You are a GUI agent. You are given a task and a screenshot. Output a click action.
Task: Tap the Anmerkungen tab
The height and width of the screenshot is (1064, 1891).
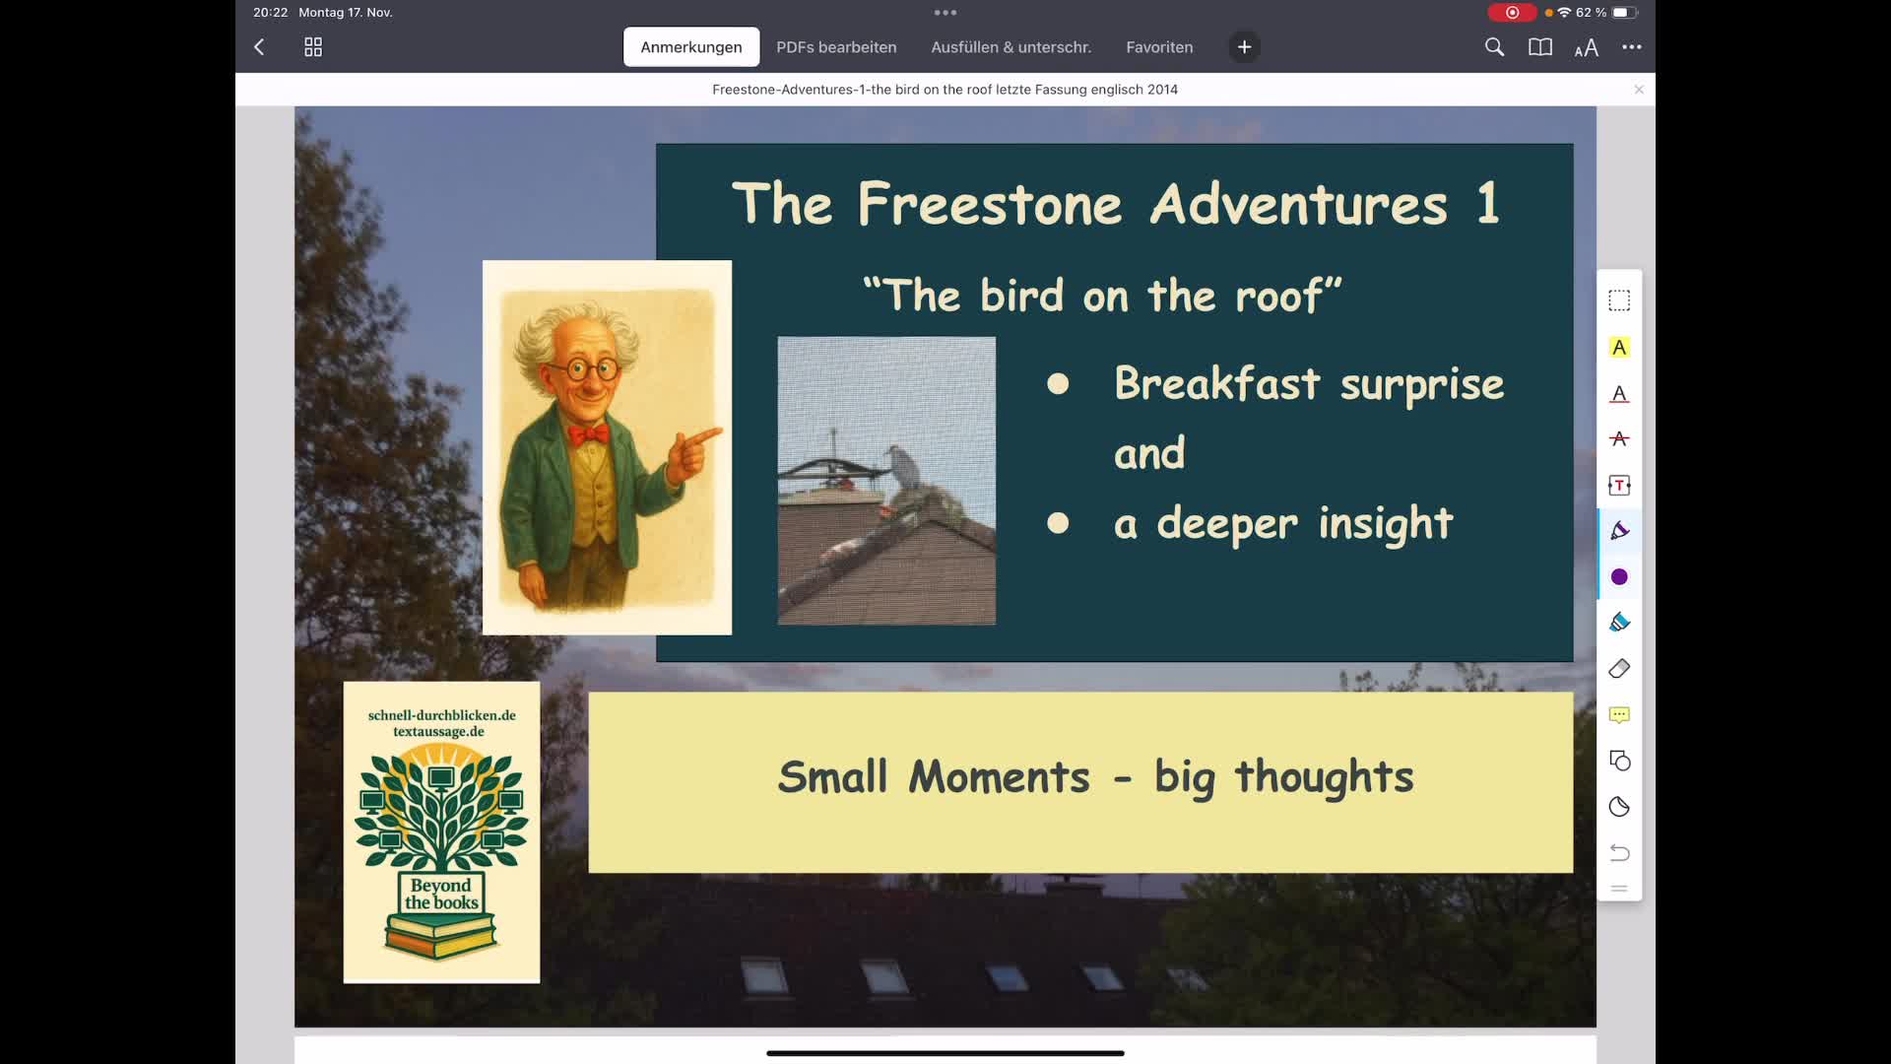(690, 47)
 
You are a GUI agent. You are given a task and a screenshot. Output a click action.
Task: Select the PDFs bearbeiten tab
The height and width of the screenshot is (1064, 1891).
(836, 47)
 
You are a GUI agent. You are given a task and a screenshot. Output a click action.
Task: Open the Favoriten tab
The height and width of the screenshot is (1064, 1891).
(1159, 47)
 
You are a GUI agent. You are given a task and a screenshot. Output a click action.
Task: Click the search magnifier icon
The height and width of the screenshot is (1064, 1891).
(1494, 47)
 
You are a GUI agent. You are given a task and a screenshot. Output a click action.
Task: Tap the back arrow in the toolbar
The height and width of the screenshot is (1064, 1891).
(259, 47)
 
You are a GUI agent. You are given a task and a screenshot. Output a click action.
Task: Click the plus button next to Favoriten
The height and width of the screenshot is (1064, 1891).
(1244, 47)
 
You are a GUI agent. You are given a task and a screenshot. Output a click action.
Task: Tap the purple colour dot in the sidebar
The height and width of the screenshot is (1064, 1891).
(1619, 577)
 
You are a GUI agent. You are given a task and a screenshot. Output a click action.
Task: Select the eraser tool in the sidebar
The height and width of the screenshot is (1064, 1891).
(1619, 669)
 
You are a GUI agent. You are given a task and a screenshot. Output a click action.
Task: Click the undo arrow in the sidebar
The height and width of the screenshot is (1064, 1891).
(1619, 853)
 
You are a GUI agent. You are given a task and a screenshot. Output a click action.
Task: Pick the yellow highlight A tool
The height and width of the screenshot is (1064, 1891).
(1619, 348)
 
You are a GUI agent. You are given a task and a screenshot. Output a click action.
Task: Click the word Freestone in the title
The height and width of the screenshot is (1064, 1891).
(989, 205)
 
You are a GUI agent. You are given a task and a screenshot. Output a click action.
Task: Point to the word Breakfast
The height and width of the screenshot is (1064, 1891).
(1216, 384)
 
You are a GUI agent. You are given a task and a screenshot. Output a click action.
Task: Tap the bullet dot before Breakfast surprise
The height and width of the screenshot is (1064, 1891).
(1058, 384)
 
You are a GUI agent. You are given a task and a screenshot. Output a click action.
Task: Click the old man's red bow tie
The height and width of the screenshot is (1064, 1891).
(588, 433)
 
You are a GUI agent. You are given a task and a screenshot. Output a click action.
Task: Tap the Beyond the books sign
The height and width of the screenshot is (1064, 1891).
(441, 894)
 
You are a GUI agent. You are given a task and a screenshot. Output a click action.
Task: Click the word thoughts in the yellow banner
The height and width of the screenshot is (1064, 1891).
(1324, 778)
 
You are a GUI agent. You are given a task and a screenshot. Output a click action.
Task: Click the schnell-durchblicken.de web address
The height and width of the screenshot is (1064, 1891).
(441, 715)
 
